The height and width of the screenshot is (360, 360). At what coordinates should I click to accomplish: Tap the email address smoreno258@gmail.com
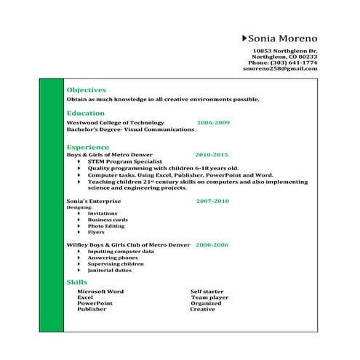pyautogui.click(x=280, y=68)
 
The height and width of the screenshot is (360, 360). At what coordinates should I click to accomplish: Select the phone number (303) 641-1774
pyautogui.click(x=295, y=63)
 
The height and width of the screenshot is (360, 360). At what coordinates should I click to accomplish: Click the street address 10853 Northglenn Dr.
pyautogui.click(x=290, y=50)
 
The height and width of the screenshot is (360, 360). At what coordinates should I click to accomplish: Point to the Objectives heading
pyautogui.click(x=86, y=89)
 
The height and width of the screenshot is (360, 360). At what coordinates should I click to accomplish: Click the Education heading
pyautogui.click(x=85, y=113)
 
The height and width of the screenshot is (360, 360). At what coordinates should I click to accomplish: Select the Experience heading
pyautogui.click(x=87, y=146)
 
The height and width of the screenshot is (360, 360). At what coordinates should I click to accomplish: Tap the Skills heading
pyautogui.click(x=76, y=281)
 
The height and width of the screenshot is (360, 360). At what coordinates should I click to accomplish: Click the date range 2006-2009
pyautogui.click(x=213, y=123)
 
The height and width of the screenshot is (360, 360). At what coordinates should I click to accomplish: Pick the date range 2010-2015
pyautogui.click(x=212, y=155)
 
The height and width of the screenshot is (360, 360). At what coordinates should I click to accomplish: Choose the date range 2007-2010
pyautogui.click(x=212, y=201)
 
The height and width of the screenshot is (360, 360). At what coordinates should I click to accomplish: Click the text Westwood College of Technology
pyautogui.click(x=115, y=123)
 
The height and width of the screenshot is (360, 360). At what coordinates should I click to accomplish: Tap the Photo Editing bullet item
pyautogui.click(x=106, y=225)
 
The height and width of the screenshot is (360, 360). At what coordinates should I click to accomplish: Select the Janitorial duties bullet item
pyautogui.click(x=110, y=270)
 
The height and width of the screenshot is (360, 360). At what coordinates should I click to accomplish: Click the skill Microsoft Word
pyautogui.click(x=100, y=291)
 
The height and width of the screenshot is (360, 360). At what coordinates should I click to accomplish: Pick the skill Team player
pyautogui.click(x=210, y=297)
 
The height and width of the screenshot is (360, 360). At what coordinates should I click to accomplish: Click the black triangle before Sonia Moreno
pyautogui.click(x=243, y=38)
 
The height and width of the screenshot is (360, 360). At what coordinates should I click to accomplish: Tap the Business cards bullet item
pyautogui.click(x=108, y=219)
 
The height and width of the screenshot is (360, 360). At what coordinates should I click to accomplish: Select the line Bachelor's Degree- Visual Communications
pyautogui.click(x=130, y=129)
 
